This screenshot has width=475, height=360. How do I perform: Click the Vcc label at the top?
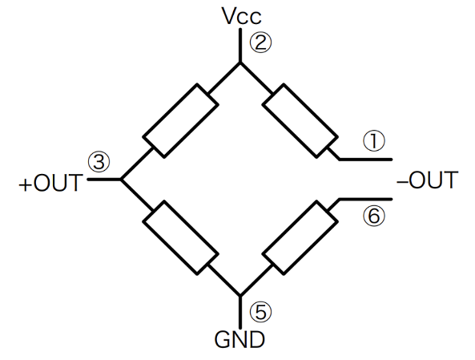pyautogui.click(x=240, y=17)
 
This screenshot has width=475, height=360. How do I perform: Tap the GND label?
pyautogui.click(x=240, y=340)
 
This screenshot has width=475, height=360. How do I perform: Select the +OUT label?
pyautogui.click(x=50, y=184)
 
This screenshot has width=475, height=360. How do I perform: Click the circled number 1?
pyautogui.click(x=374, y=140)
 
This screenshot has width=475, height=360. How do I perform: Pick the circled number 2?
pyautogui.click(x=261, y=42)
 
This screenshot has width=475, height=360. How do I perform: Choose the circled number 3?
pyautogui.click(x=98, y=161)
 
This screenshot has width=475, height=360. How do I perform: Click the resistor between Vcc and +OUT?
pyautogui.click(x=181, y=119)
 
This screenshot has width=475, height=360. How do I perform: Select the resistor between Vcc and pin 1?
pyautogui.click(x=299, y=119)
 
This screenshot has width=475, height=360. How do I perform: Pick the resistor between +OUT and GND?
pyautogui.click(x=181, y=238)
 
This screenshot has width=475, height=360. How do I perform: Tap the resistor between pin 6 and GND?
pyautogui.click(x=299, y=238)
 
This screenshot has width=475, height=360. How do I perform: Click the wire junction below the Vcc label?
pyautogui.click(x=240, y=63)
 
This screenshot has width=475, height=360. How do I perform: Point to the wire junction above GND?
pyautogui.click(x=240, y=294)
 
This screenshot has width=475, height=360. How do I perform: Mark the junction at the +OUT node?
pyautogui.click(x=120, y=180)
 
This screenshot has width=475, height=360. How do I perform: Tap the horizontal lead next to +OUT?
pyautogui.click(x=103, y=180)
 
